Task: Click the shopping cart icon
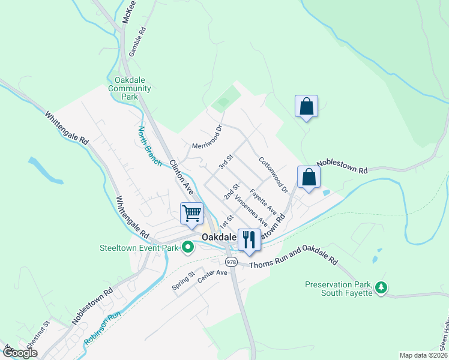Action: (192, 214)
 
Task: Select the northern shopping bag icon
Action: (306, 106)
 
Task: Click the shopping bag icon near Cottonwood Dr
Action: (309, 177)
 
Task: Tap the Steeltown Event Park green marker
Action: (187, 247)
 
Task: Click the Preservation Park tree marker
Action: (381, 289)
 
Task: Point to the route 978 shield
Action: (231, 262)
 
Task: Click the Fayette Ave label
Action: (263, 202)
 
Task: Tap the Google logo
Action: (19, 353)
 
